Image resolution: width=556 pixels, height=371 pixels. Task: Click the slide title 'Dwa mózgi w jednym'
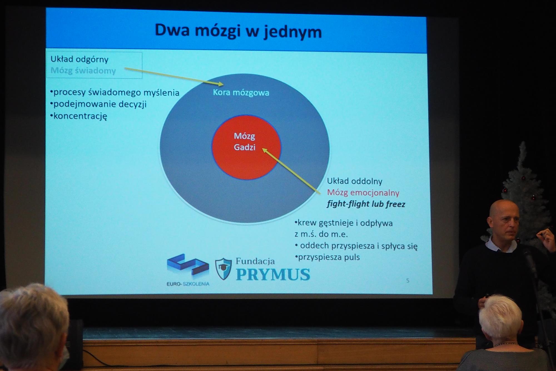pos(238,31)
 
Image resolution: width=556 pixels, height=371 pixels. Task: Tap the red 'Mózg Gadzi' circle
pos(246,147)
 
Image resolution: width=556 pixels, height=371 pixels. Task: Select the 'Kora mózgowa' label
pos(241,93)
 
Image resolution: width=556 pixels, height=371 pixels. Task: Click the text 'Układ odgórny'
pos(80,59)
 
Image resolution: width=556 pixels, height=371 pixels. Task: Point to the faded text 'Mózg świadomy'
pos(83,71)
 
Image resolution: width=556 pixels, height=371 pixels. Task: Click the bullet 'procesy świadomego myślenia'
pos(115,93)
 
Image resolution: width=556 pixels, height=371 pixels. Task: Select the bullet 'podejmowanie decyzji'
pos(98,104)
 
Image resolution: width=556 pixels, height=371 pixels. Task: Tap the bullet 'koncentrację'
pos(79,116)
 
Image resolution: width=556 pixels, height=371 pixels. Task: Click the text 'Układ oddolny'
pos(355,181)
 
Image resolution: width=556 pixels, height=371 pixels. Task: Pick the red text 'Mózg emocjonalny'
pos(363,193)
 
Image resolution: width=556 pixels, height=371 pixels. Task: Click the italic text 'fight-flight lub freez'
pos(366,204)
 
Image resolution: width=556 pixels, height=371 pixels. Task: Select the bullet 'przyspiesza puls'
pos(327,257)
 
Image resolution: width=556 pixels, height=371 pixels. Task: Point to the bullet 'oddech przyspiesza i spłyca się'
pos(356,246)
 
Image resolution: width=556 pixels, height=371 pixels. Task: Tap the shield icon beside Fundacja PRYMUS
pos(224,269)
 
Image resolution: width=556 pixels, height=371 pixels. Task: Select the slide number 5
pos(408,281)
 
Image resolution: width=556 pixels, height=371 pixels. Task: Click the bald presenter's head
pos(503,220)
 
